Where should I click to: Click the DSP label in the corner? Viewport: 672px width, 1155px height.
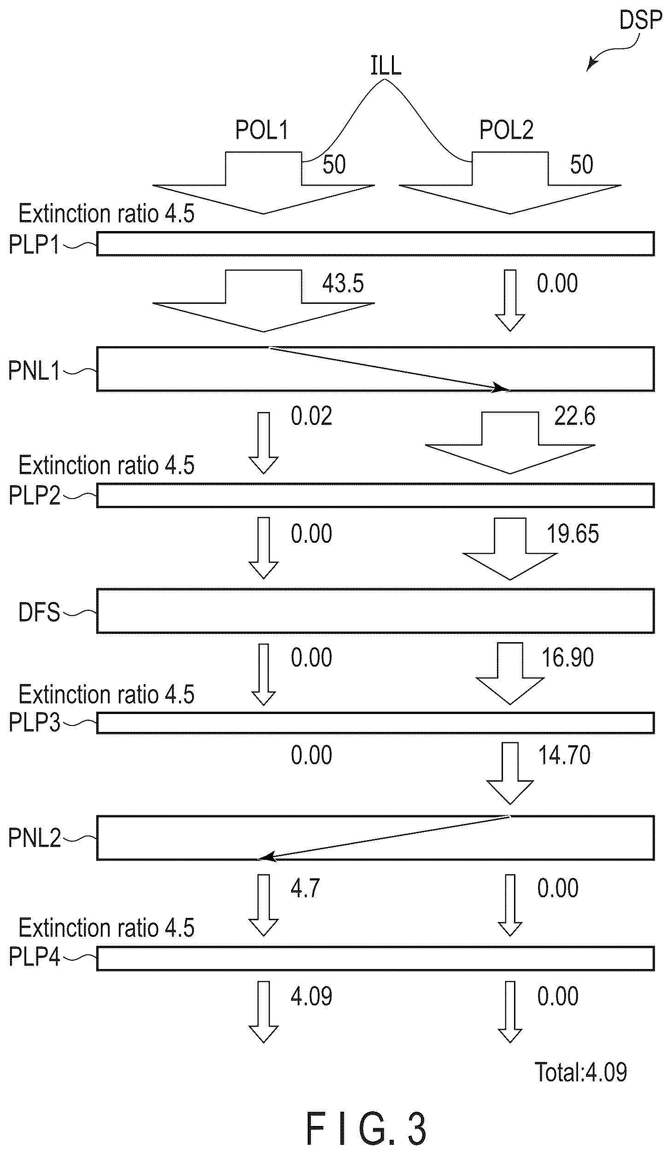[641, 20]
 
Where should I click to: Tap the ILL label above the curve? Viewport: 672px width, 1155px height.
[386, 65]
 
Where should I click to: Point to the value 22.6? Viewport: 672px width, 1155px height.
[575, 416]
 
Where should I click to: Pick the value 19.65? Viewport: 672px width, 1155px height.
[573, 534]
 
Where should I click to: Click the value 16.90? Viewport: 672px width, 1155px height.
[567, 657]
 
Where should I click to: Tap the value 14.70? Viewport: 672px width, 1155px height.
[564, 755]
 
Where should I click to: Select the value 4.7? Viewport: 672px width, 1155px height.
[305, 888]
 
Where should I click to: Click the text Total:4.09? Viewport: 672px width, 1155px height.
[581, 1072]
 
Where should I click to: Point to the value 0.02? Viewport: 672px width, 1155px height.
[311, 416]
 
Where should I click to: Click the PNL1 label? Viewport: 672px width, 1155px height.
[35, 371]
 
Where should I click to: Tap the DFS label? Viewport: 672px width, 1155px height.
[39, 613]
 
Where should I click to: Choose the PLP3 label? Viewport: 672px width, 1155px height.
[35, 723]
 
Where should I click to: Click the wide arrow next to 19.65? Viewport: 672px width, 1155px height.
[510, 548]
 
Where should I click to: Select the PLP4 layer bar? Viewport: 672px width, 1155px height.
[375, 958]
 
